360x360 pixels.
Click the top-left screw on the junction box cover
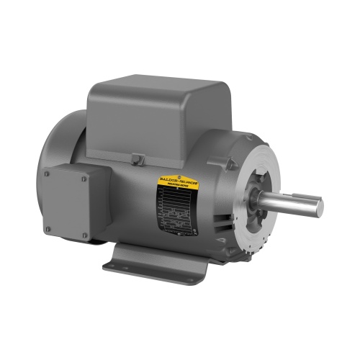coord(48,173)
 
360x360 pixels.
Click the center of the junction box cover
coord(66,204)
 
